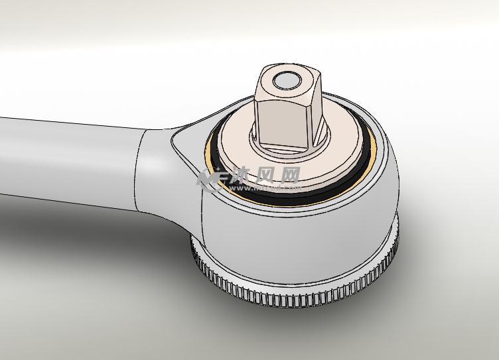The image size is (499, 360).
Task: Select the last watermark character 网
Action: (x=290, y=175)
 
